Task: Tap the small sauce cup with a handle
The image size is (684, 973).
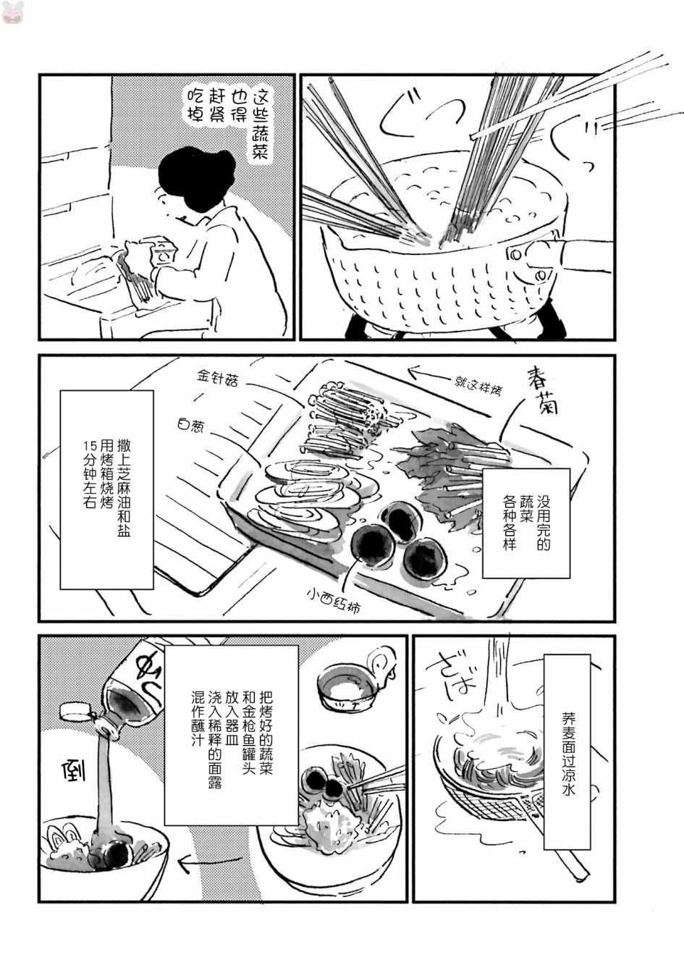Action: click(347, 684)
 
